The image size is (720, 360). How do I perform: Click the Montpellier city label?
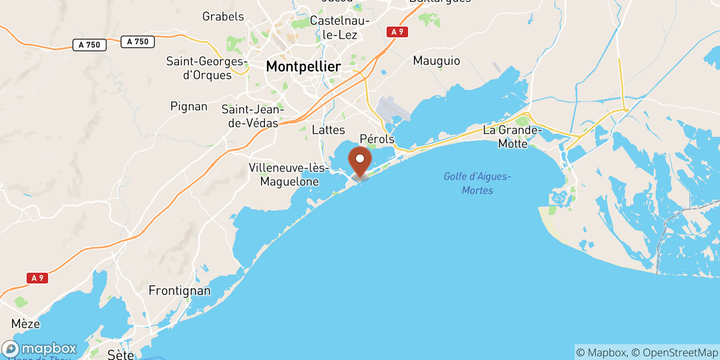[x=303, y=67]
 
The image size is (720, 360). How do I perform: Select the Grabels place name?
[x=223, y=17]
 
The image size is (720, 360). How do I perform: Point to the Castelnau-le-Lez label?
[x=340, y=27]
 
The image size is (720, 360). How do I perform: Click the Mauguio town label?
[x=436, y=61]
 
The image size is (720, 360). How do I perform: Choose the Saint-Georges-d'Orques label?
[x=207, y=68]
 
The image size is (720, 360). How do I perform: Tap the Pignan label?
[x=189, y=107]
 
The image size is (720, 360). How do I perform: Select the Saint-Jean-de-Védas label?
[x=253, y=116]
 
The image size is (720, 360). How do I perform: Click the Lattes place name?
[x=328, y=130]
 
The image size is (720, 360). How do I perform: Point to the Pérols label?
[x=377, y=139]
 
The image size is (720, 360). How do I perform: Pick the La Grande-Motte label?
[x=513, y=137]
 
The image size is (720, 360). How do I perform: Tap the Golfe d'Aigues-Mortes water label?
[x=477, y=183]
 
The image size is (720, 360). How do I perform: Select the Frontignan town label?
[x=180, y=291]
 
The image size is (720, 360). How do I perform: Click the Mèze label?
[x=26, y=324]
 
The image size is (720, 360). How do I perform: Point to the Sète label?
[x=121, y=355]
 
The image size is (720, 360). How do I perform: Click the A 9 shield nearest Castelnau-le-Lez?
[x=397, y=32]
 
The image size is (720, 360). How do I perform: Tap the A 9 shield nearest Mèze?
[x=37, y=278]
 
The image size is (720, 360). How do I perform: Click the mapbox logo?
[x=40, y=349]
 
